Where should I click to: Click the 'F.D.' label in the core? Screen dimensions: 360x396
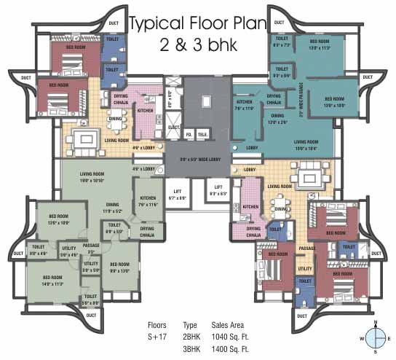coord(188,135)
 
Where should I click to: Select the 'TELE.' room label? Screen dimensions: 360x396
coord(203,135)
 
